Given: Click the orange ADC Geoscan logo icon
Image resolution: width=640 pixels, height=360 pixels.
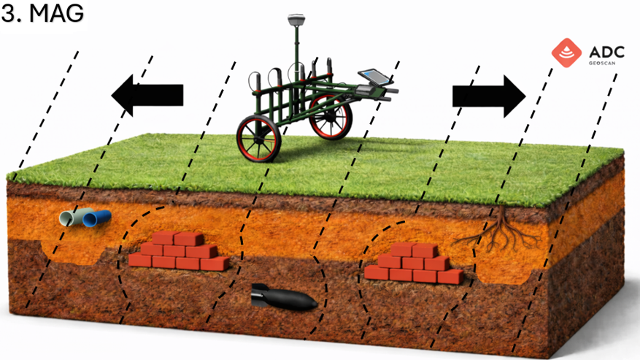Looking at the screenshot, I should pos(567,53).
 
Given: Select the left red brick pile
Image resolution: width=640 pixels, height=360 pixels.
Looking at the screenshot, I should pos(177,251).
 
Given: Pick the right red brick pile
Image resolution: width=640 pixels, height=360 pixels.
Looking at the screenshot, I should pos(413,264).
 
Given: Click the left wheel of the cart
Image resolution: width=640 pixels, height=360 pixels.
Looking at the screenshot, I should pos(258,138).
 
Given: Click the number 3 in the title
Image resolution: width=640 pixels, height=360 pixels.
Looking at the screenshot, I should pos(9,14).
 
